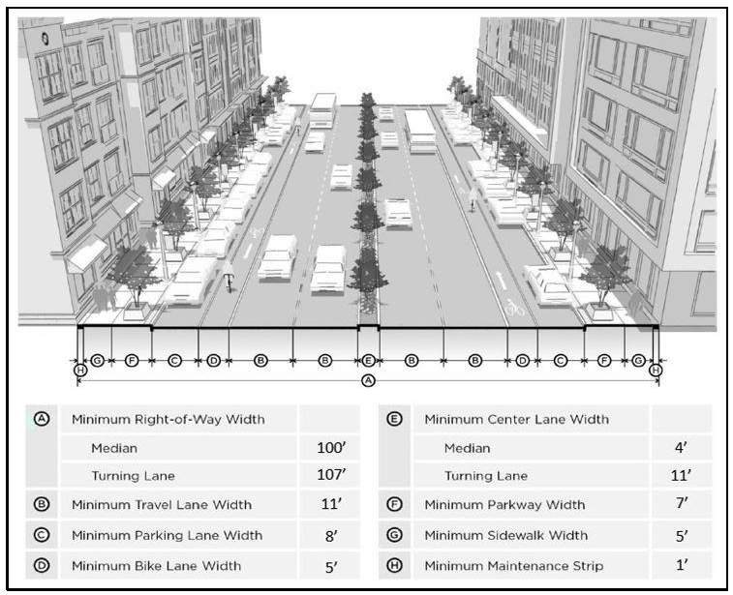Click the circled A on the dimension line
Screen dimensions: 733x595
click(x=367, y=381)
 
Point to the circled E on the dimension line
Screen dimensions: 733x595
click(x=368, y=360)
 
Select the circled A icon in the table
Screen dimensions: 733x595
click(x=42, y=420)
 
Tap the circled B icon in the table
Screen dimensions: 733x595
click(x=42, y=504)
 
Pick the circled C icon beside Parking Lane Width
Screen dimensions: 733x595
click(x=42, y=535)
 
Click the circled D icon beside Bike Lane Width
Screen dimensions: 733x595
click(x=42, y=565)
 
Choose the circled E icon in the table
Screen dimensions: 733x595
click(x=394, y=420)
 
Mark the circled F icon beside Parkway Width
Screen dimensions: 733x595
click(x=394, y=504)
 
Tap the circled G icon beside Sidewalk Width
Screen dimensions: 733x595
click(x=394, y=535)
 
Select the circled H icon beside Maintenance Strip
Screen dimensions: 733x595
click(x=394, y=565)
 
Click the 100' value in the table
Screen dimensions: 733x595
click(x=331, y=449)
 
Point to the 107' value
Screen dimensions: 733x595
click(x=331, y=476)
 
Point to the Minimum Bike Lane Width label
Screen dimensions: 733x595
click(x=156, y=565)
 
